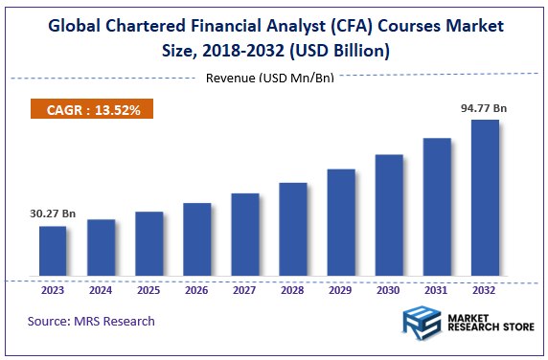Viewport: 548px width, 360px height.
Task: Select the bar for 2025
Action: (x=148, y=245)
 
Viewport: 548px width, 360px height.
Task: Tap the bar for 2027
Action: (x=245, y=236)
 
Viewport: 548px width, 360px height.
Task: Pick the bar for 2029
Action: (x=341, y=224)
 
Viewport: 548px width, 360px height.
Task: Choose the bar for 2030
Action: (x=389, y=216)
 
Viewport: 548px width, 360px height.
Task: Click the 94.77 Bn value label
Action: (x=485, y=108)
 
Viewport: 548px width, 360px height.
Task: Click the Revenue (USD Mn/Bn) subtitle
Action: (x=270, y=78)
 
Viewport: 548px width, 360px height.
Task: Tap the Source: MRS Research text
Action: (x=91, y=321)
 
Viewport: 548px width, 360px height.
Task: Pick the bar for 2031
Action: (x=437, y=209)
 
